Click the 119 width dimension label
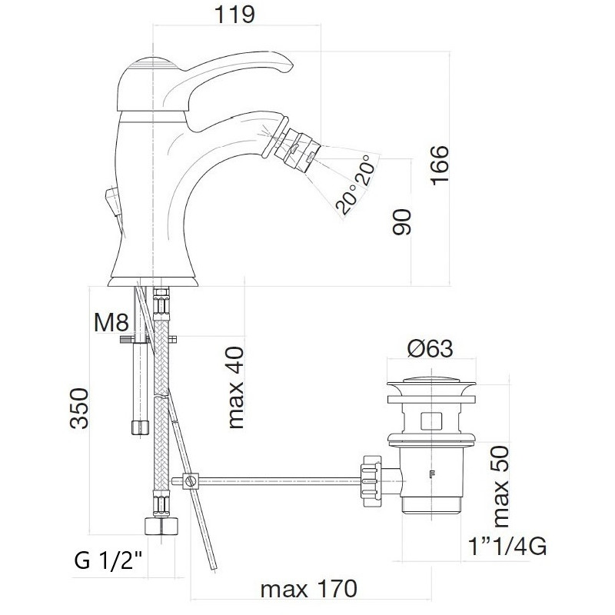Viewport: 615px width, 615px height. (x=234, y=15)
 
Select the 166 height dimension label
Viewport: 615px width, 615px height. (x=439, y=165)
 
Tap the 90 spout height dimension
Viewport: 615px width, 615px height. (x=402, y=222)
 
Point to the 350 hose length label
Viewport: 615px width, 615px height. (x=79, y=408)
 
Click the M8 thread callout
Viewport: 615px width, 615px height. (x=111, y=322)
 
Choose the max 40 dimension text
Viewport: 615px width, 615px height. (x=236, y=387)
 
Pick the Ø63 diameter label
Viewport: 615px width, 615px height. (x=430, y=348)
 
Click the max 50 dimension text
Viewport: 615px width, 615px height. (x=500, y=487)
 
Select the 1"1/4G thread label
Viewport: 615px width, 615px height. (x=507, y=546)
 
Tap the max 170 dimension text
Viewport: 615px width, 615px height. (x=309, y=589)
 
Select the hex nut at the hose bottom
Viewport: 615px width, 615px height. (x=161, y=525)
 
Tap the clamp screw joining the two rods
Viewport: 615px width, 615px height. (x=191, y=480)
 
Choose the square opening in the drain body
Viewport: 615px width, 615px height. (x=431, y=421)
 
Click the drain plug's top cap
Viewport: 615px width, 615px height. (x=431, y=381)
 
